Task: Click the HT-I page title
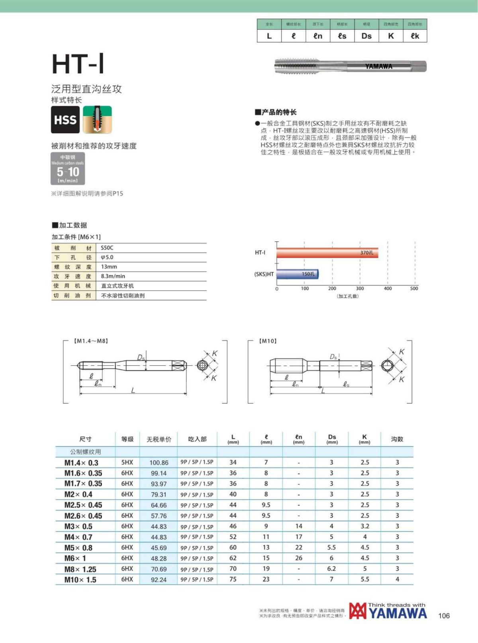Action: click(x=78, y=64)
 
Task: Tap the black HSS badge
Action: click(x=65, y=120)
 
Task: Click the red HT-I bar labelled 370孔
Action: click(x=327, y=253)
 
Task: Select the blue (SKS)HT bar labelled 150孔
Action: click(x=298, y=274)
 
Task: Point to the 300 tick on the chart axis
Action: click(x=360, y=288)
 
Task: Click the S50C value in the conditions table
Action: click(x=107, y=247)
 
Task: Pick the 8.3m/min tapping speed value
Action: click(x=113, y=276)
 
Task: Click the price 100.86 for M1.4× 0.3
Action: click(x=159, y=463)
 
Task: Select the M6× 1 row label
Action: click(x=75, y=558)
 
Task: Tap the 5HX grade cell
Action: click(x=127, y=462)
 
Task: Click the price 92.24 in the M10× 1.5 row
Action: click(x=159, y=580)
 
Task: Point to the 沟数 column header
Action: click(x=397, y=439)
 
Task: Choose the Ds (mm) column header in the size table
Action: click(x=332, y=439)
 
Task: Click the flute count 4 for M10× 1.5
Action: click(x=397, y=579)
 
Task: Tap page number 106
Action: click(x=444, y=616)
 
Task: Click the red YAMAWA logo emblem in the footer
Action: click(x=357, y=611)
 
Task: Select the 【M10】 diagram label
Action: click(x=268, y=341)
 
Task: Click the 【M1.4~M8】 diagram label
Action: click(x=91, y=341)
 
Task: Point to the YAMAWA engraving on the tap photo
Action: click(x=379, y=66)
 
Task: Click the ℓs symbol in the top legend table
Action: click(x=342, y=36)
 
